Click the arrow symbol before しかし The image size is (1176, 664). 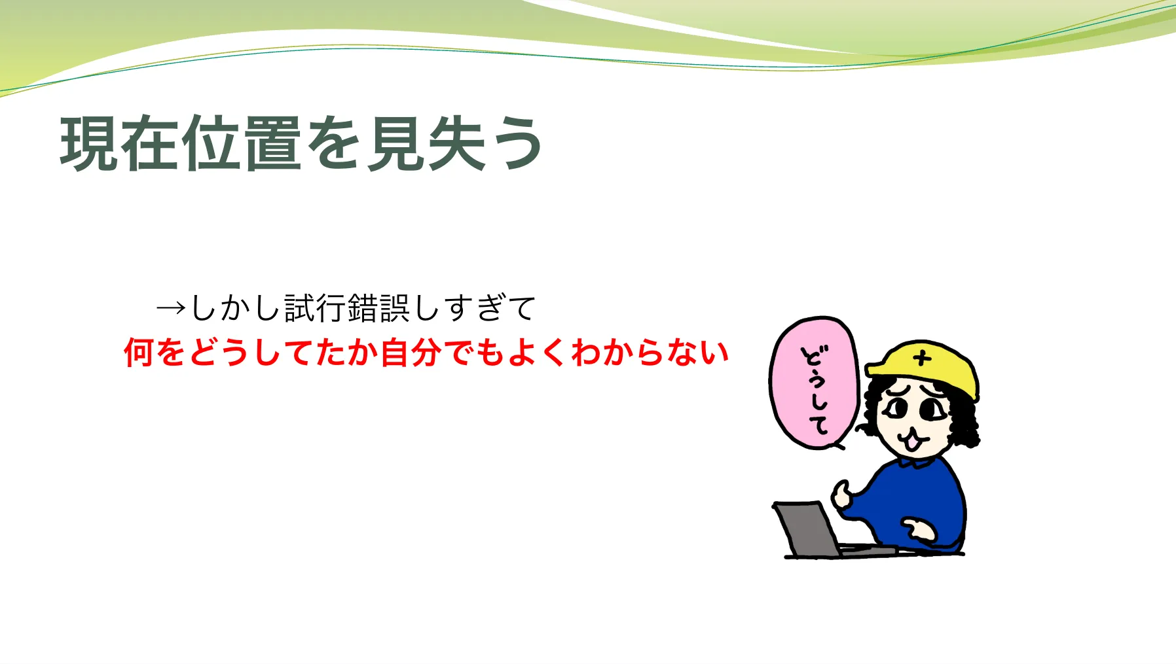(x=172, y=307)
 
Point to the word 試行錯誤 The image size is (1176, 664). (x=347, y=307)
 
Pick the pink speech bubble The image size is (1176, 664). (x=814, y=383)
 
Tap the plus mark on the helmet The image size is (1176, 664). (x=923, y=358)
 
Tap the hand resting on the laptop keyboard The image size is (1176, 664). (x=919, y=530)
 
